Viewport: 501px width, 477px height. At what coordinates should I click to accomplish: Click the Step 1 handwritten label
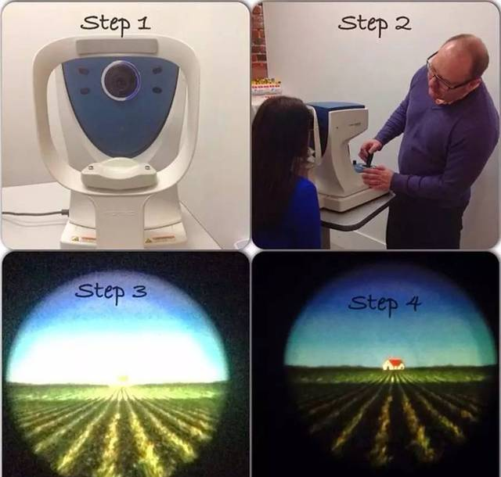tap(115, 24)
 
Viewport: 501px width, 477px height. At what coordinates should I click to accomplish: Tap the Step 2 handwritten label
tap(374, 24)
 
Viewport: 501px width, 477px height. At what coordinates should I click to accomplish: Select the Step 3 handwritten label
tap(111, 292)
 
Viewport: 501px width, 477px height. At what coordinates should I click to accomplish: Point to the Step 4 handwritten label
tap(384, 303)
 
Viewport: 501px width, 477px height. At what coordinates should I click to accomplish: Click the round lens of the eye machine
tap(121, 81)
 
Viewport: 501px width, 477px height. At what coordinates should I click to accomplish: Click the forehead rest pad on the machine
tap(117, 47)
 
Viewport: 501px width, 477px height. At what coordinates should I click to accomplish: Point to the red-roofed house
tap(394, 364)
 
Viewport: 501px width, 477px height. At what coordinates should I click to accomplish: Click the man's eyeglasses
tap(440, 74)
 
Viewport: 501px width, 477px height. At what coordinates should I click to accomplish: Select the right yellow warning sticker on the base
tap(159, 238)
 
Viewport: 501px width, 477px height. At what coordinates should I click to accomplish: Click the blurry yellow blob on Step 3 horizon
tap(122, 378)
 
